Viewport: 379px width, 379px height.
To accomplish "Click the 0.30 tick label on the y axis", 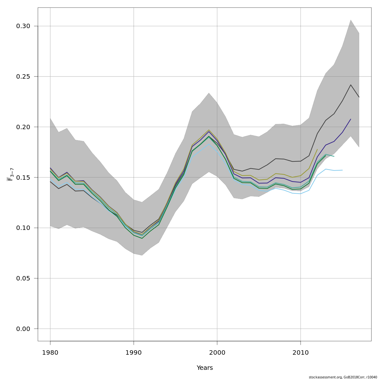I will click(23, 26).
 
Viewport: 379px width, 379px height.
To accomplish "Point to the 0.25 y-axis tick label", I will click(23, 77).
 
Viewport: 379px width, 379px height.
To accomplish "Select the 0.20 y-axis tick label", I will click(23, 127).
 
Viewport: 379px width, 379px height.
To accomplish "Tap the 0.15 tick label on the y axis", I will click(23, 177).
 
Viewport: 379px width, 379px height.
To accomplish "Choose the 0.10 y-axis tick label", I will click(23, 228).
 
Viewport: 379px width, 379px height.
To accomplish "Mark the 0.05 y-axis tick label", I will click(23, 279).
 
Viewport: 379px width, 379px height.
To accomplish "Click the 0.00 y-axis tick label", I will click(23, 329).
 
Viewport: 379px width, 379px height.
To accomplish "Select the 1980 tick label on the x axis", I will click(50, 352).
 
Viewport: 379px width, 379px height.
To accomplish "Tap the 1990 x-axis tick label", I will click(134, 352).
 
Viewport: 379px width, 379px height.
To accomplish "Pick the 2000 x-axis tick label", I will click(217, 352).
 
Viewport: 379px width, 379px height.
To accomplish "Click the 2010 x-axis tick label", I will click(300, 352).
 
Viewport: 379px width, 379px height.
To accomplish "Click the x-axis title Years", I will click(205, 368).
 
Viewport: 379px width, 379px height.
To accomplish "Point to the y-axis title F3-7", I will click(10, 174).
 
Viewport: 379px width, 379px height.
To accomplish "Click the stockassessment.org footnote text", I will click(343, 377).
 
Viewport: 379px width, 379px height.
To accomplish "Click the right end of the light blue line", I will click(342, 170).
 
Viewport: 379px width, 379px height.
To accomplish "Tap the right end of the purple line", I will click(351, 119).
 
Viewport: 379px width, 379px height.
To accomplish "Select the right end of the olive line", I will click(317, 149).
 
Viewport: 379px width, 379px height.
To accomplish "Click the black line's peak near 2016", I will click(351, 85).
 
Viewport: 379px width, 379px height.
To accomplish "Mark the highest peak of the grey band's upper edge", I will click(351, 20).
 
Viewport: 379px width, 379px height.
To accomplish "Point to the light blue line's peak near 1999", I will click(209, 144).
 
